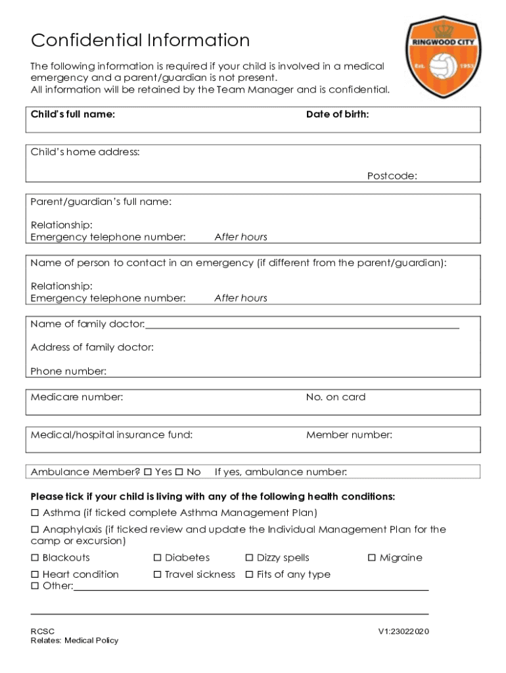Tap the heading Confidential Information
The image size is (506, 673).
pos(141,41)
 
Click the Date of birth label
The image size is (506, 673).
pos(337,114)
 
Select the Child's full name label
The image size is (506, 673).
pos(73,114)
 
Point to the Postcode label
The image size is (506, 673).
pos(392,175)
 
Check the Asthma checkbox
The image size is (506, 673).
pos(35,513)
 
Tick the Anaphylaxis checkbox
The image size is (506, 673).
pos(35,530)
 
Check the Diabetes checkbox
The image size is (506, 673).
pos(157,558)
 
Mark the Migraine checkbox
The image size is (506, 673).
pos(371,558)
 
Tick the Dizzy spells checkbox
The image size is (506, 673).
pos(249,558)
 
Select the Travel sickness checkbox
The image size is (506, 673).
pos(157,574)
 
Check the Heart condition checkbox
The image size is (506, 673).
pos(35,574)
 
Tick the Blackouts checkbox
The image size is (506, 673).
pos(35,558)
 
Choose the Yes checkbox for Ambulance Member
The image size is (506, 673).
pos(148,472)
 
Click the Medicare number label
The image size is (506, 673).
pos(77,397)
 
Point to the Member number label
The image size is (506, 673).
pos(349,434)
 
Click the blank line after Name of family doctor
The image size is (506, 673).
pos(302,325)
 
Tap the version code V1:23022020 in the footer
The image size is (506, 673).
pos(403,632)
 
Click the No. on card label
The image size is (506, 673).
pos(335,397)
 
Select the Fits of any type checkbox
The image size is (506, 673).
pos(249,574)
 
